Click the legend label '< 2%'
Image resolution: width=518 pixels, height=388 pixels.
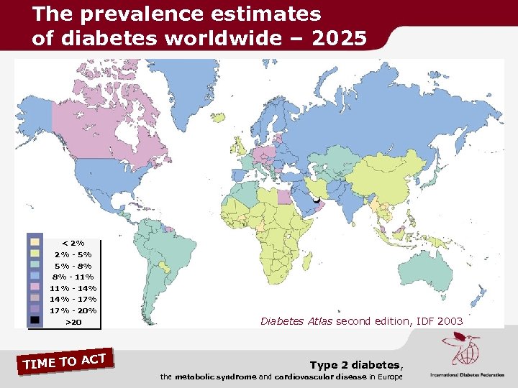(x=73, y=243)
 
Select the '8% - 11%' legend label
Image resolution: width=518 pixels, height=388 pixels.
(x=73, y=277)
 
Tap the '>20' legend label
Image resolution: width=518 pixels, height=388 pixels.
(x=73, y=322)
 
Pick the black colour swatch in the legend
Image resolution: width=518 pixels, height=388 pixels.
(x=35, y=320)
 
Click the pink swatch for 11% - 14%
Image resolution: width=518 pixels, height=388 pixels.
(x=35, y=287)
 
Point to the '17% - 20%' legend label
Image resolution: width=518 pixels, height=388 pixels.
(x=73, y=310)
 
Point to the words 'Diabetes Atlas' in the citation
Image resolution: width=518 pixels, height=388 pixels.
(x=296, y=321)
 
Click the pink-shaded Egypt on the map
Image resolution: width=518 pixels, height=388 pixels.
(x=286, y=196)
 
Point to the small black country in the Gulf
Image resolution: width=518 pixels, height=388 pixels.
(x=317, y=202)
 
